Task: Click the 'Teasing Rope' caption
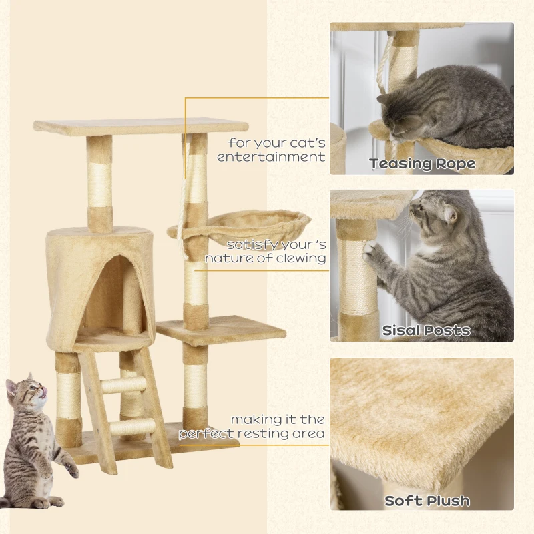tap(423, 164)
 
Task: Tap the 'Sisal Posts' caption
tap(426, 330)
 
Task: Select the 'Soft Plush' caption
tap(427, 501)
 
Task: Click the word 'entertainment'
tap(271, 157)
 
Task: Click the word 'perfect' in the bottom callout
tap(206, 434)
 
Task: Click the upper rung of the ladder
tap(123, 385)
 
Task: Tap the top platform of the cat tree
tap(141, 127)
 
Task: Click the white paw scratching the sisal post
tap(370, 252)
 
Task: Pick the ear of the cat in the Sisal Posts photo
tap(450, 214)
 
